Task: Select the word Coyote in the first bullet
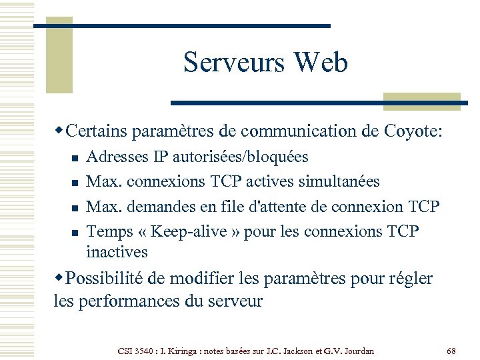click(x=411, y=131)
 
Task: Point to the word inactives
click(x=117, y=253)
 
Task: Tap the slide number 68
click(x=451, y=350)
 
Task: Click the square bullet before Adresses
click(x=75, y=158)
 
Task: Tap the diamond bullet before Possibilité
click(x=60, y=277)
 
